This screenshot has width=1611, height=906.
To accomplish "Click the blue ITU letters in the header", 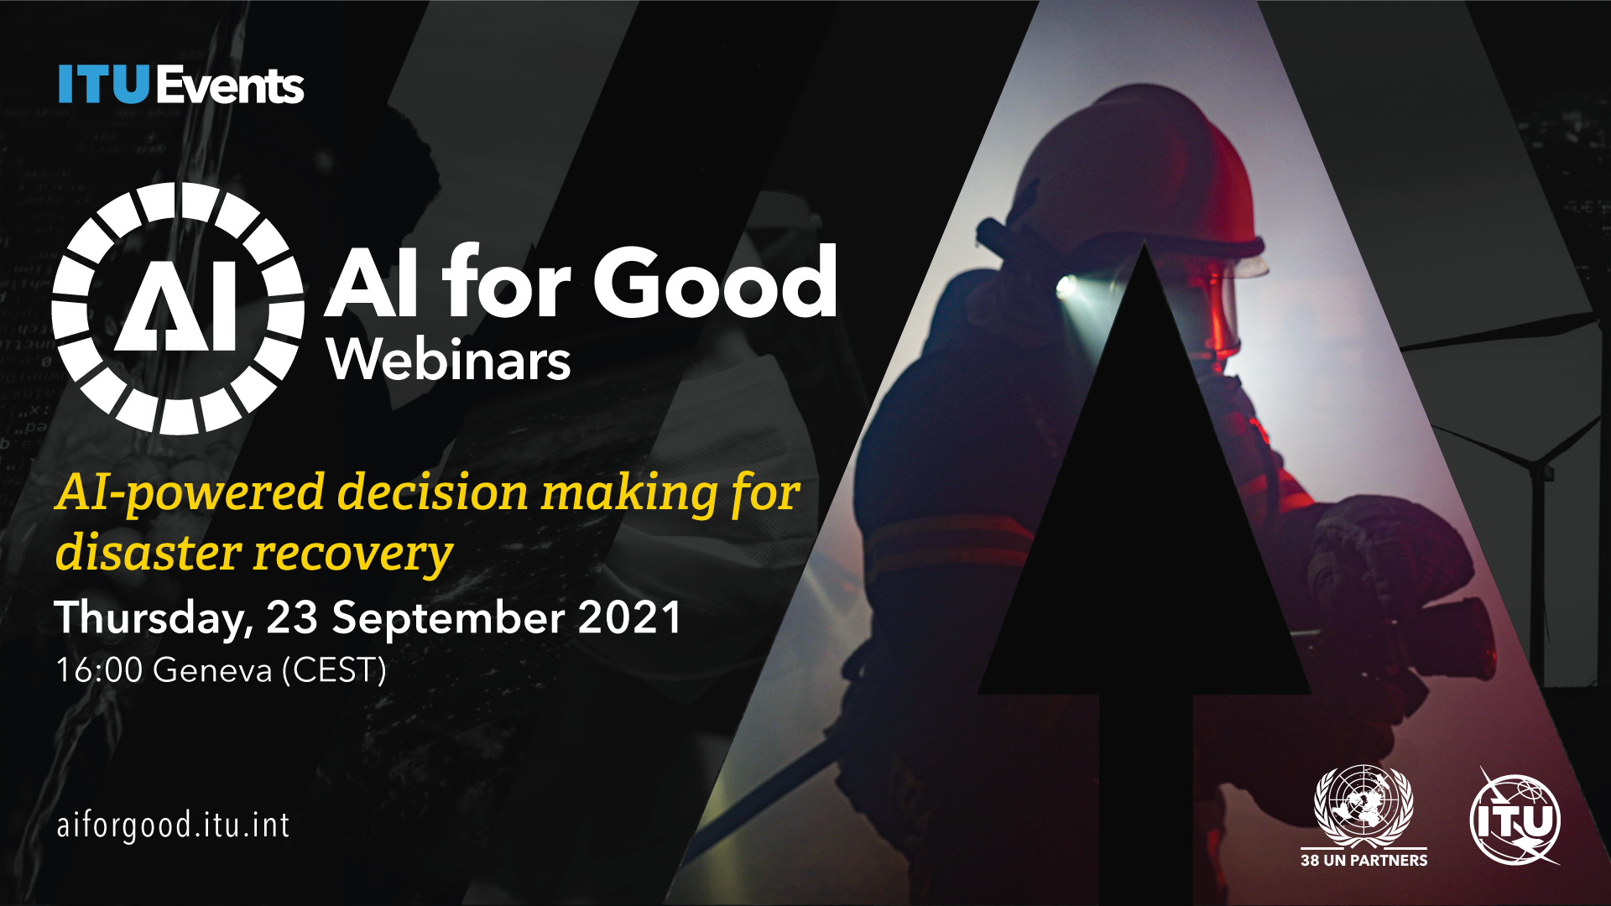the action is coord(103,85).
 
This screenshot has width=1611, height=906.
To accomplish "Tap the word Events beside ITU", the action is coord(229,86).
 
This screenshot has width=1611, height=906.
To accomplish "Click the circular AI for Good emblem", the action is coord(178,309).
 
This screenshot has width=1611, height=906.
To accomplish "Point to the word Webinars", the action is coord(449,359).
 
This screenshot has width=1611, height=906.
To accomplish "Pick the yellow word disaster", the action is coord(149,554).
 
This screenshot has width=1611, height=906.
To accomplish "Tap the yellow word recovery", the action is coord(353,556).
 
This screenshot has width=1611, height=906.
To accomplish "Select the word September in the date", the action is coord(449,619).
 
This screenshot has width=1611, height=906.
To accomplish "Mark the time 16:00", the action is coord(99,670).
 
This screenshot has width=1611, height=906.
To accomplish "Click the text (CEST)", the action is coord(334,670).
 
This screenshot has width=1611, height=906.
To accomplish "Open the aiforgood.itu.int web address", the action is coord(173,825).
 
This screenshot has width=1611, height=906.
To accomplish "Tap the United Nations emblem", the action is coord(1363,805).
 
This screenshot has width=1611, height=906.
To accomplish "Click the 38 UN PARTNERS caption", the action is coord(1363,860).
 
